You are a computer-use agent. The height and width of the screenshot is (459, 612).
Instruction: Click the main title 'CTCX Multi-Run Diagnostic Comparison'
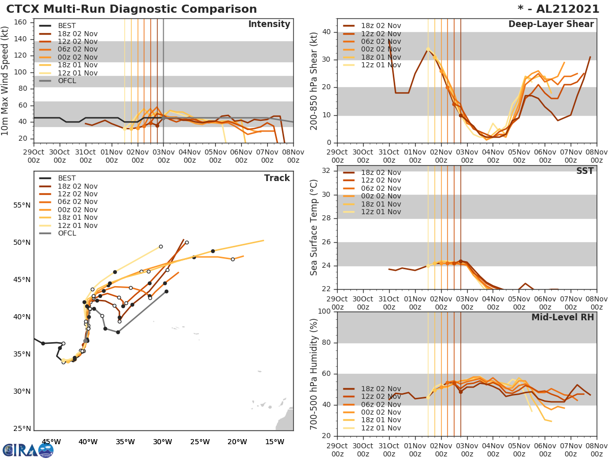point(132,9)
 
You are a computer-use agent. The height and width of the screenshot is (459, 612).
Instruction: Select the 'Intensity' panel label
point(269,24)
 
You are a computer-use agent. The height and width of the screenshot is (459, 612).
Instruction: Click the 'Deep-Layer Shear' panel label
point(551,24)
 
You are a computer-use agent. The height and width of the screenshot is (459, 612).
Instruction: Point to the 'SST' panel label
point(584,171)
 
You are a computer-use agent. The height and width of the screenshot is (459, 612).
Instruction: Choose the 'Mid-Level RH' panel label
point(562,317)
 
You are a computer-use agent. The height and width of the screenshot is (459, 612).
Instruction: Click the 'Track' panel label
point(277,178)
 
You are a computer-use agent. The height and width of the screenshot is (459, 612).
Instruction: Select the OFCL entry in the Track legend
point(66,233)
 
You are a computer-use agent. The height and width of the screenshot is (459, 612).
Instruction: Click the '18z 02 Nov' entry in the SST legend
point(381,172)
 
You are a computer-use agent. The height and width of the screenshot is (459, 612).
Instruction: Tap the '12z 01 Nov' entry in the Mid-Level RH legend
point(380,428)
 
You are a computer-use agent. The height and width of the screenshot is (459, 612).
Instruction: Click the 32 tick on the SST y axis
point(326,171)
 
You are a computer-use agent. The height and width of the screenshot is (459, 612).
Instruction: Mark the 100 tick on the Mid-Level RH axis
point(323,311)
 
